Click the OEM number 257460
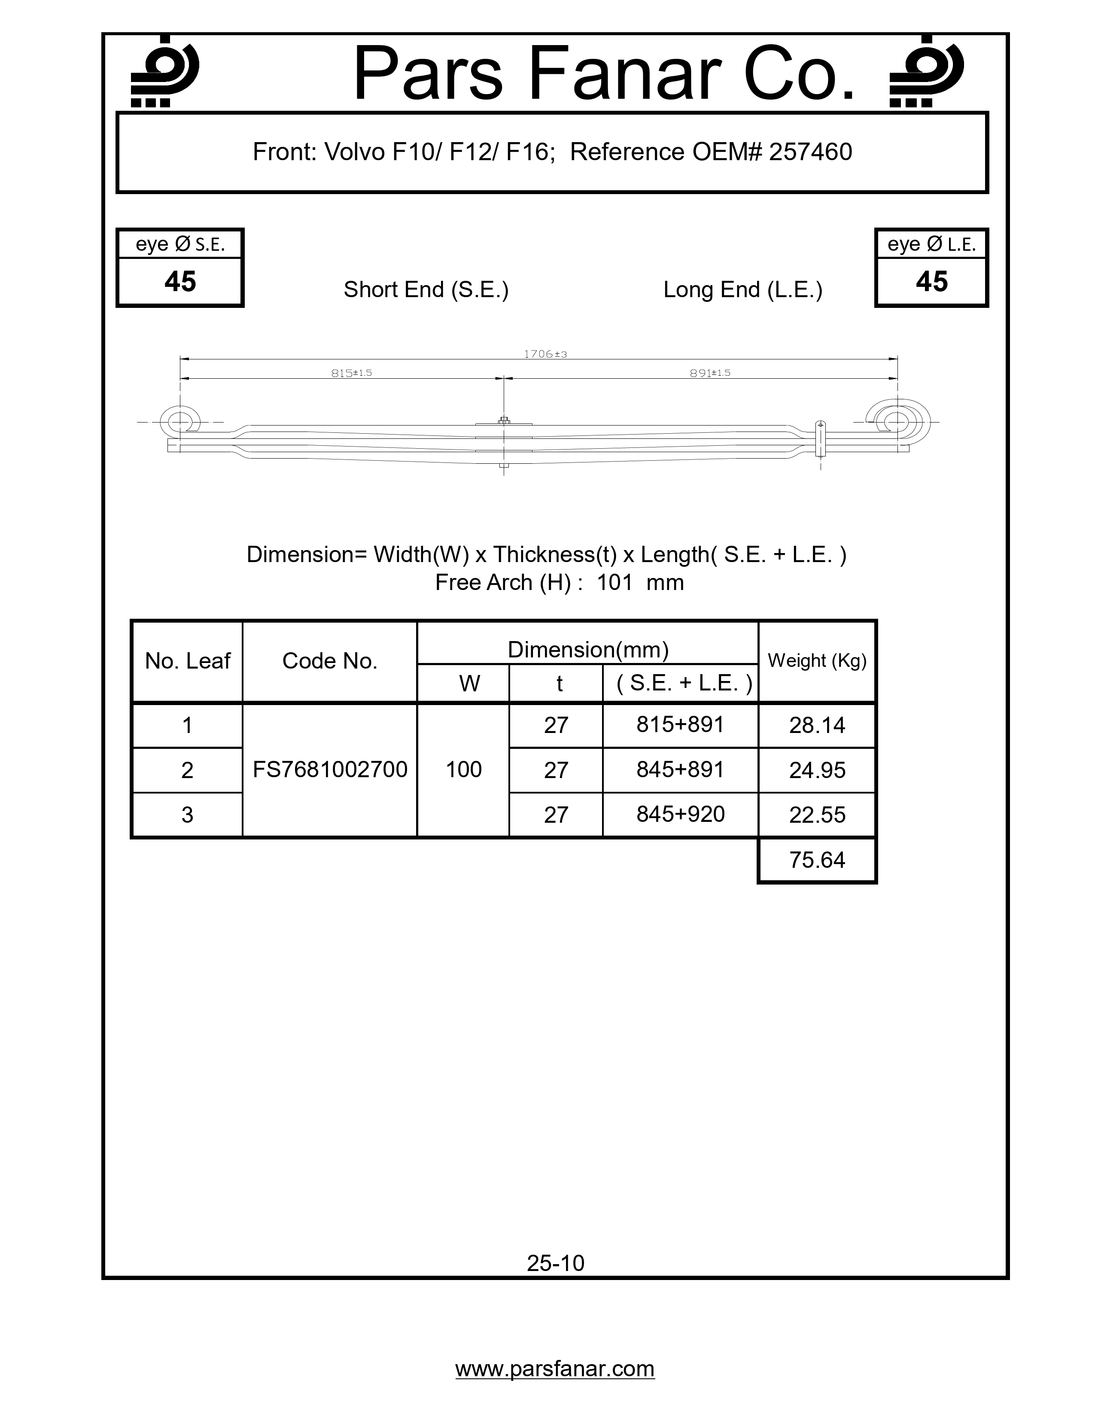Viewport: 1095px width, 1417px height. (x=810, y=152)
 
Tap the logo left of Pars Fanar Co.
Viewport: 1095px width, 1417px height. (x=164, y=71)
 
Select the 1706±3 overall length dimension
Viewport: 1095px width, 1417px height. (x=545, y=354)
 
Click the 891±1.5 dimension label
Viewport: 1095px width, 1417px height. (x=710, y=373)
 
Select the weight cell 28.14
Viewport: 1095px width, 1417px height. (x=817, y=725)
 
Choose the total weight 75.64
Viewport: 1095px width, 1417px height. (x=817, y=861)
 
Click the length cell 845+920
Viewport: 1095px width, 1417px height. (x=680, y=814)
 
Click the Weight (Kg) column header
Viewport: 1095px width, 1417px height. (x=817, y=661)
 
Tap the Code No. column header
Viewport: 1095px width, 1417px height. (x=329, y=661)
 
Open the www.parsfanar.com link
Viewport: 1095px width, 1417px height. (x=555, y=1369)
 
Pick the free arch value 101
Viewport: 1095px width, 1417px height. (x=614, y=583)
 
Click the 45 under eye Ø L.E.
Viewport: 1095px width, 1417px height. (x=931, y=282)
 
